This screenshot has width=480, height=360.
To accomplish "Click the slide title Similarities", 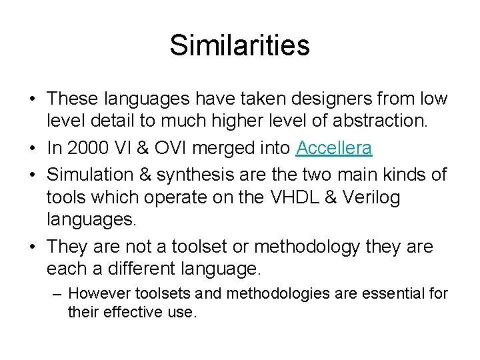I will click(x=239, y=45).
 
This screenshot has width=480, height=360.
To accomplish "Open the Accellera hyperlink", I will click(x=334, y=147).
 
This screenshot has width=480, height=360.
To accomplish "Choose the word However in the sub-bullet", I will click(x=99, y=293).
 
